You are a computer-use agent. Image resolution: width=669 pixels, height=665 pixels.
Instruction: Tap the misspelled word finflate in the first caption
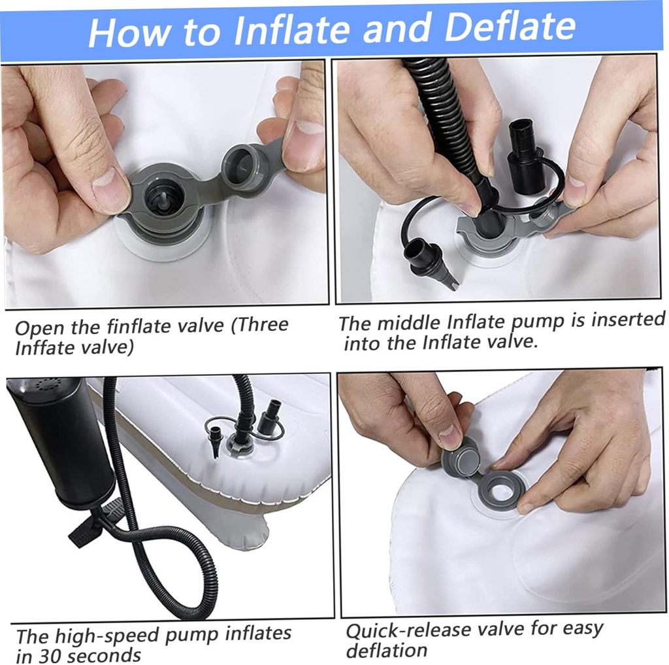point(164,327)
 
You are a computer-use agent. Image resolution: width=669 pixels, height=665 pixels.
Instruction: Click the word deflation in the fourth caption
point(387,650)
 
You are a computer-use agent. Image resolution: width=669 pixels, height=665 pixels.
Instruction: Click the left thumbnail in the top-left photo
point(109,186)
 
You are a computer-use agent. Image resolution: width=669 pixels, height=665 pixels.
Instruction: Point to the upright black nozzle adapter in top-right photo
point(526,157)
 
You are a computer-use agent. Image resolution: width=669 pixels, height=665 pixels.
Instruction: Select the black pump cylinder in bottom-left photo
point(60,442)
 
